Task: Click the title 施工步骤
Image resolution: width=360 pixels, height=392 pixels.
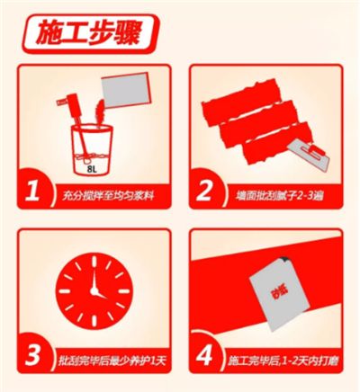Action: tap(88, 34)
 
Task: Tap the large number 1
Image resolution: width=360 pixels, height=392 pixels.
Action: tap(32, 192)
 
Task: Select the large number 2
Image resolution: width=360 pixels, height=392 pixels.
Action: tap(204, 192)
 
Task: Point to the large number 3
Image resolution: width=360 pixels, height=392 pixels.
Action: tap(32, 355)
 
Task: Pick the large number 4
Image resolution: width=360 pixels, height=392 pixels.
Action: tap(204, 355)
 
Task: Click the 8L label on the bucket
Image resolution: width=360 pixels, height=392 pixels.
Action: tap(92, 169)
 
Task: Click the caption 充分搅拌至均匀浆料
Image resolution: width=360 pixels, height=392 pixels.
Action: tap(108, 196)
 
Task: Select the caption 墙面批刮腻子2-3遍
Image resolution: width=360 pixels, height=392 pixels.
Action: tap(280, 196)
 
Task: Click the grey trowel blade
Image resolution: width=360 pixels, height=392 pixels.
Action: tap(309, 156)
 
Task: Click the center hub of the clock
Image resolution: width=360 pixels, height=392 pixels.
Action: tap(94, 290)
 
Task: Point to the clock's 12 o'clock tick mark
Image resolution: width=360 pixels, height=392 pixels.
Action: tap(94, 261)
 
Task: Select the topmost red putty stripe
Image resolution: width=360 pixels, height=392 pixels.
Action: tap(242, 101)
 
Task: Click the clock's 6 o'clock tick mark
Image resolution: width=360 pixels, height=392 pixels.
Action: tap(94, 321)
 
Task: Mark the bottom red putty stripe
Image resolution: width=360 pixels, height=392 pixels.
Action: tap(276, 143)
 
